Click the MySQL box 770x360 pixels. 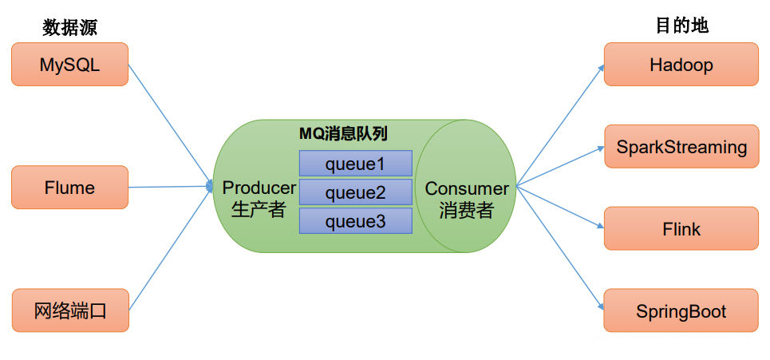[x=69, y=65]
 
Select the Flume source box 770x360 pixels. [x=69, y=188]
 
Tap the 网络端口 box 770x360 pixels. [x=70, y=311]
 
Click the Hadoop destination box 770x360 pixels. [x=681, y=65]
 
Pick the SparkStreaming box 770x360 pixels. [x=681, y=147]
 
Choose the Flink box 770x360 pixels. [x=681, y=229]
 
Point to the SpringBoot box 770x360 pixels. [x=681, y=311]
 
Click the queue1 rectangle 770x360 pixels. [x=355, y=164]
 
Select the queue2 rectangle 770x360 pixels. [x=355, y=192]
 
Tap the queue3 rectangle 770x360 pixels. [x=355, y=221]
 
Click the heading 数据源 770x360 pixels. [x=69, y=27]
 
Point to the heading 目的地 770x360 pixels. [x=681, y=26]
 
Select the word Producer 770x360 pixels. [x=259, y=188]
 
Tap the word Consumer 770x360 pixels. [x=467, y=189]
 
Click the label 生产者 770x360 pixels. [x=258, y=210]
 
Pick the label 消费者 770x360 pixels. [x=466, y=212]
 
